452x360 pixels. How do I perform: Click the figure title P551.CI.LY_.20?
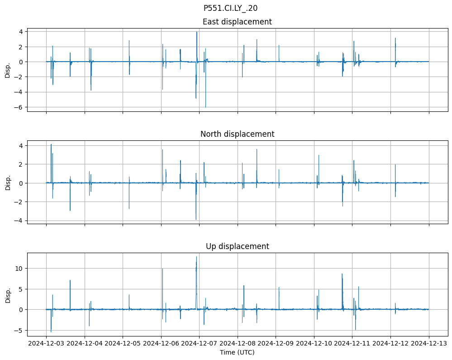[x=230, y=8]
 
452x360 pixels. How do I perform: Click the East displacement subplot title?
[x=237, y=22]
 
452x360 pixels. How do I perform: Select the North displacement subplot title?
[x=237, y=134]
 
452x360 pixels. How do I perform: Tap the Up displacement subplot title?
[x=237, y=246]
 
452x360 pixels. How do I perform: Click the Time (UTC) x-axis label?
[x=237, y=352]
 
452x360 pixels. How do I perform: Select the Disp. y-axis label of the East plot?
[x=8, y=70]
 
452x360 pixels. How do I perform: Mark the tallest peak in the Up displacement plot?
[x=196, y=257]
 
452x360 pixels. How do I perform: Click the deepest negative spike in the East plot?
[x=205, y=107]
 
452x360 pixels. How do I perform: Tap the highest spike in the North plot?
[x=51, y=144]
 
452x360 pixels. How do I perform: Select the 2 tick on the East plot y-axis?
[x=20, y=47]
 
